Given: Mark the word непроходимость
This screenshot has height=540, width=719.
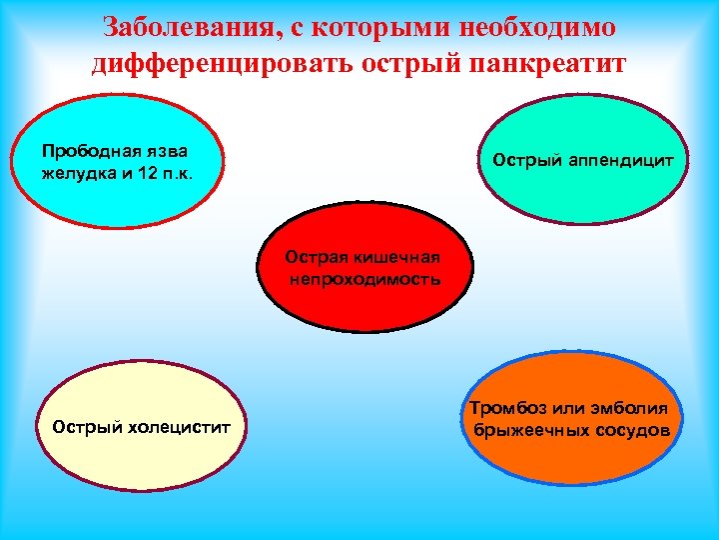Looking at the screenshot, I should [365, 277].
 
